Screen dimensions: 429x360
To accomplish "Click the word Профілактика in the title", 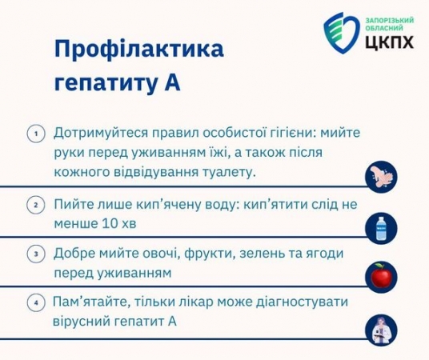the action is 139,49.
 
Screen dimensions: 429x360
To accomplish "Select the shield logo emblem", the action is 341,33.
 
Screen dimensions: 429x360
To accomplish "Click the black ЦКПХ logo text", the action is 390,42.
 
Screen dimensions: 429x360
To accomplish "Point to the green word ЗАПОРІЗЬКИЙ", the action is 390,21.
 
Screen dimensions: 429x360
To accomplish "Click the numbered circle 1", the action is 36,134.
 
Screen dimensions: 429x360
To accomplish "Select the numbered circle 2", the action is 36,205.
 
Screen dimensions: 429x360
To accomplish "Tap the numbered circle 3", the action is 36,254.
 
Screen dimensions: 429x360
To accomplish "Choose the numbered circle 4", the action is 36,303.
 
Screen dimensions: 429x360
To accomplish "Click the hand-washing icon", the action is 382,177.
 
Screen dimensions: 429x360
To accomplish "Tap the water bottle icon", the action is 382,228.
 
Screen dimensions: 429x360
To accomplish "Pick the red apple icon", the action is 382,276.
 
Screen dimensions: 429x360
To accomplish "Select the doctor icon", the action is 382,330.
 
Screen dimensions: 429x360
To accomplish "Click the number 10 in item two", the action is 109,223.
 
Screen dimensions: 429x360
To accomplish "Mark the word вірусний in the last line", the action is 80,322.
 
